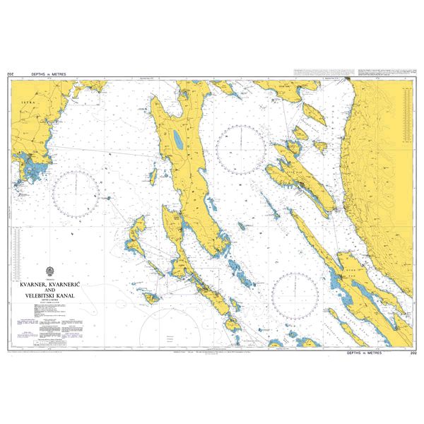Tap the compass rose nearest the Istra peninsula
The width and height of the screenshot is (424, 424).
point(76,194)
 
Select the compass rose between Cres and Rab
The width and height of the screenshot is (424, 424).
point(241,147)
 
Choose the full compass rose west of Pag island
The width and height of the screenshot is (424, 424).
point(295,296)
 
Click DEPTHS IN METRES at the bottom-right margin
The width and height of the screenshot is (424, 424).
point(366,351)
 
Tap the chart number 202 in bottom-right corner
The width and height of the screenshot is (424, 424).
point(413,351)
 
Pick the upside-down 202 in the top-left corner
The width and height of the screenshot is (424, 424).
point(10,73)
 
